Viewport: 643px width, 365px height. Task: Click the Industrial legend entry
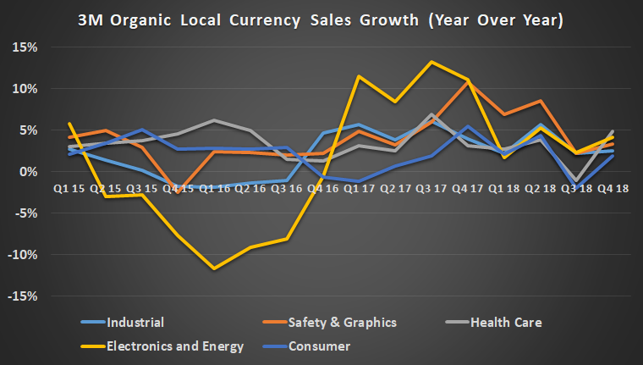[x=135, y=322]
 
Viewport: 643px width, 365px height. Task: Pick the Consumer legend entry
[x=319, y=346]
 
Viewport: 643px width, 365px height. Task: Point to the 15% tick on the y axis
[x=25, y=47]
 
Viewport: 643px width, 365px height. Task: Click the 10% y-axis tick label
[x=25, y=89]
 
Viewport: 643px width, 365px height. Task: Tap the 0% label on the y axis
[x=28, y=172]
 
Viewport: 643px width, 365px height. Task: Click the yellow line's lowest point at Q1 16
[x=214, y=268]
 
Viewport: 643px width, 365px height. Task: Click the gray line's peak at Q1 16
[x=214, y=120]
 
